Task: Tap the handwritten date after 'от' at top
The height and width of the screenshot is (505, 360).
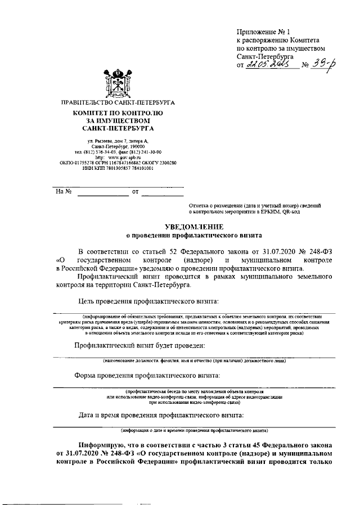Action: pos(268,65)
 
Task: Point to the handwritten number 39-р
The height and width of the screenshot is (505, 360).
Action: pos(321,65)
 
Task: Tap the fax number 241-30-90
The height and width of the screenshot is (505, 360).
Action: pos(148,152)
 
